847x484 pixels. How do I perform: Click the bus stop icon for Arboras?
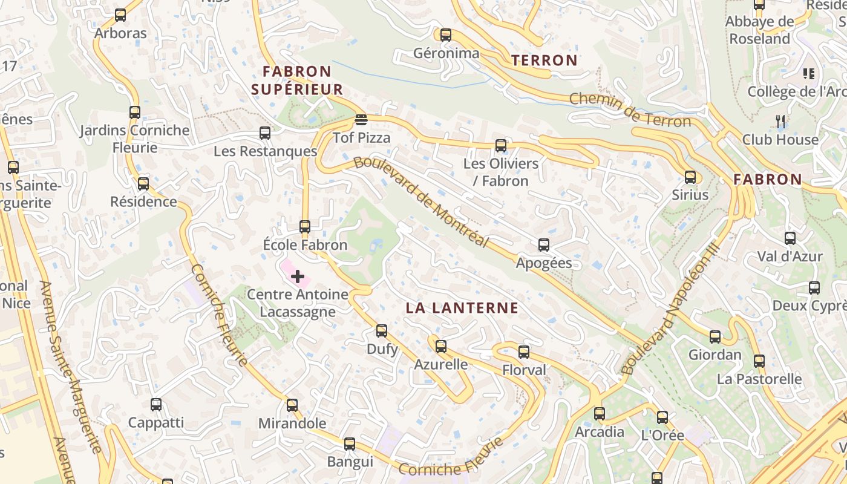[120, 15]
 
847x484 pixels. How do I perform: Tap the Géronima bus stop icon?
[446, 35]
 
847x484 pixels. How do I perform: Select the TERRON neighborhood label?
[544, 60]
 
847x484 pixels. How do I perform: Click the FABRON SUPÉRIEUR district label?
[297, 80]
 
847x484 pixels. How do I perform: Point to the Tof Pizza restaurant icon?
[361, 119]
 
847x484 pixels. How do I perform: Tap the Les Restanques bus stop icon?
[265, 133]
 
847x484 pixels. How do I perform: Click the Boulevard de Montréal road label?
[421, 202]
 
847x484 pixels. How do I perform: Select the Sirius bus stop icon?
[690, 177]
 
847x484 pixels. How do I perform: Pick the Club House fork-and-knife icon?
[780, 122]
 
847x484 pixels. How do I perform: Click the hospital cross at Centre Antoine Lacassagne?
[298, 276]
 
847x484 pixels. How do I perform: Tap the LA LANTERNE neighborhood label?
[462, 308]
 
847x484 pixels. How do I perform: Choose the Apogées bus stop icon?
[544, 245]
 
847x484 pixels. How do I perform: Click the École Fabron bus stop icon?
[305, 227]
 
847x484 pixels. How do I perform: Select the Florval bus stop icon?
[524, 352]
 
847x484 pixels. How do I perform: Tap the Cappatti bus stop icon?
[156, 405]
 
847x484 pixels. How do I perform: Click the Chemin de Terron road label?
[630, 110]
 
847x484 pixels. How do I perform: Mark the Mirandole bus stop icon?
[292, 405]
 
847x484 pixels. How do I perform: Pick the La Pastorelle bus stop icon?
[759, 361]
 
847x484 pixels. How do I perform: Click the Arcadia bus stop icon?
[600, 414]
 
